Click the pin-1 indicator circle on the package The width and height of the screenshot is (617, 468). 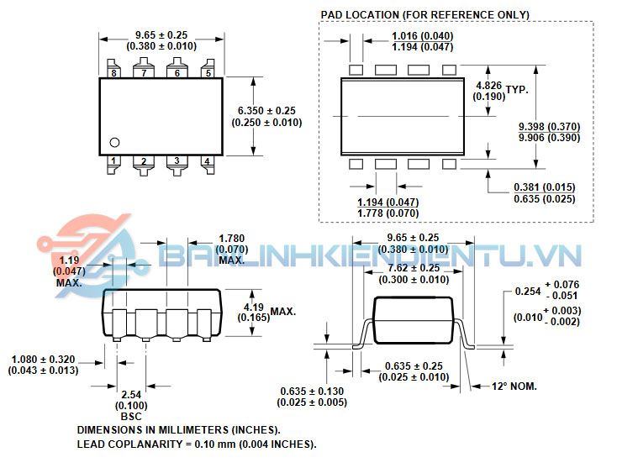(114, 142)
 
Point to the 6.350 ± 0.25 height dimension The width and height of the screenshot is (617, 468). (266, 111)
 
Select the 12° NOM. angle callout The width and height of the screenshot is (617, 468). (514, 386)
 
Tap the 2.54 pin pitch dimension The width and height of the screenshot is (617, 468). (131, 394)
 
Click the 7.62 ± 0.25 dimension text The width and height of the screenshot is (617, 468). (414, 268)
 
